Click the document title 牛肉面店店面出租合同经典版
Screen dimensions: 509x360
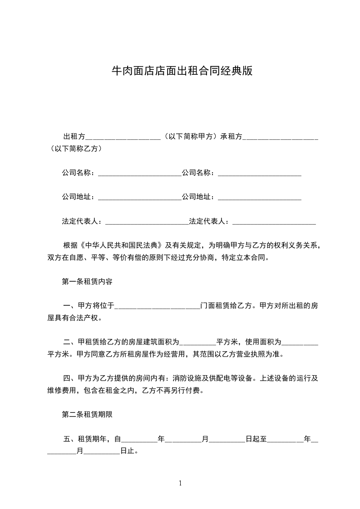point(182,71)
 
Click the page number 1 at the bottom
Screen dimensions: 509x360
point(180,483)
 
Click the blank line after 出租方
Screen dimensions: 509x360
point(123,137)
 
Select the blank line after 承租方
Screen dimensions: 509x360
point(281,137)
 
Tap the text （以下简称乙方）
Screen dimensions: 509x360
point(76,149)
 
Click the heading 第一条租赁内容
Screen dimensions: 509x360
point(87,281)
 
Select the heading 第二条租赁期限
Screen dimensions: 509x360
point(87,414)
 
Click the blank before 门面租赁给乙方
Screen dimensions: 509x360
point(157,306)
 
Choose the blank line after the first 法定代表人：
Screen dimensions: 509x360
point(146,222)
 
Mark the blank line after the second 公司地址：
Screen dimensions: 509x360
point(260,197)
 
